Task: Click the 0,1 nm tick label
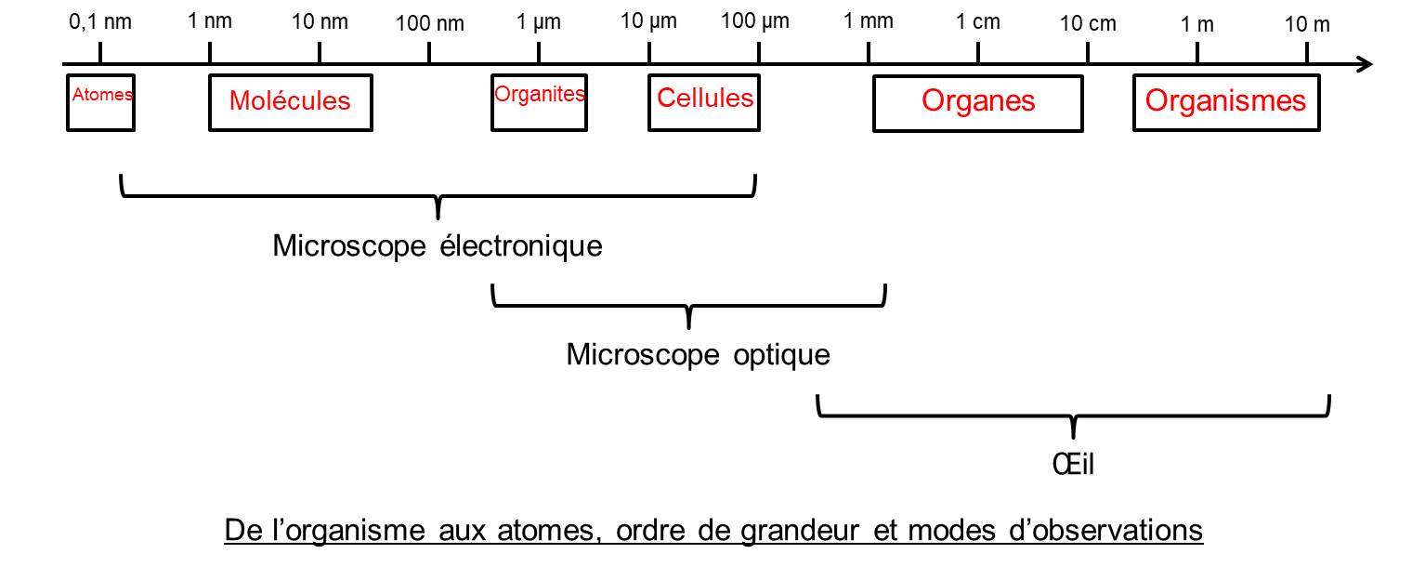[x=100, y=22]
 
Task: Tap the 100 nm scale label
[x=429, y=23]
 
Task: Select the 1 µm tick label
[x=539, y=22]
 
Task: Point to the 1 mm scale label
[x=868, y=22]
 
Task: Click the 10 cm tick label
[x=1088, y=23]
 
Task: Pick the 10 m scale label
[x=1307, y=23]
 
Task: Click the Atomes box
[x=101, y=101]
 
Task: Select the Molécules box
[x=290, y=101]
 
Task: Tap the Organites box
[x=539, y=101]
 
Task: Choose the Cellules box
[x=704, y=101]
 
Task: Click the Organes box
[x=978, y=103]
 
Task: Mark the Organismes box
[x=1226, y=103]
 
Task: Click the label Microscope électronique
[x=438, y=246]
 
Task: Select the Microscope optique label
[x=698, y=354]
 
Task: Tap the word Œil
[x=1074, y=463]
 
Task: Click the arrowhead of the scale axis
[x=1364, y=64]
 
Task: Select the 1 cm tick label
[x=978, y=22]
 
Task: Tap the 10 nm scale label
[x=320, y=22]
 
